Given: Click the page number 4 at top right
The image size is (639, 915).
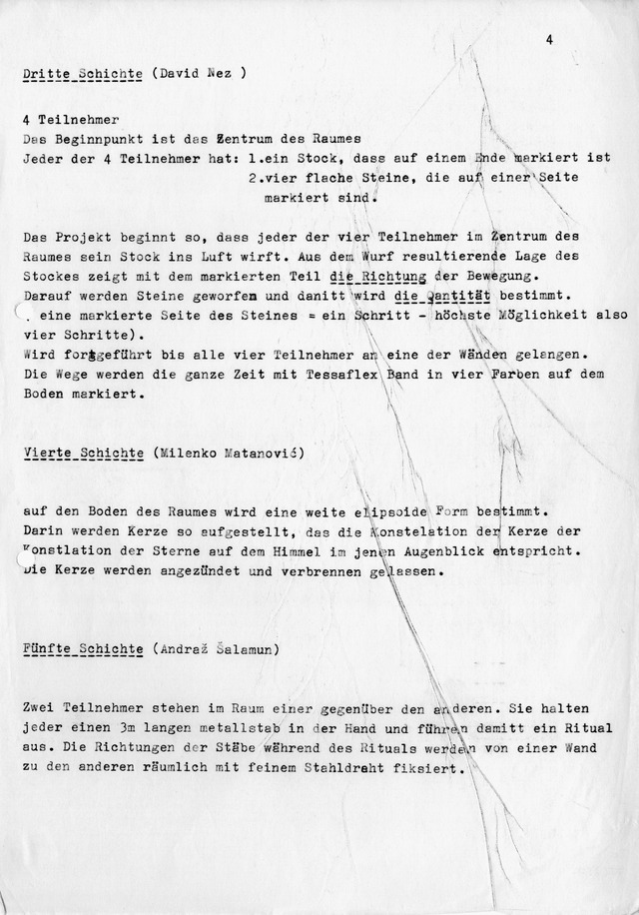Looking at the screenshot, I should [x=550, y=39].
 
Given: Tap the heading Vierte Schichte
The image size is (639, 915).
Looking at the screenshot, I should [x=83, y=453].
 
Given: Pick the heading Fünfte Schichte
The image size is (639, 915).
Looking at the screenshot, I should [x=83, y=648].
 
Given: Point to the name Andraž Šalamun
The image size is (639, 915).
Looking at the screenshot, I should [x=217, y=648].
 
